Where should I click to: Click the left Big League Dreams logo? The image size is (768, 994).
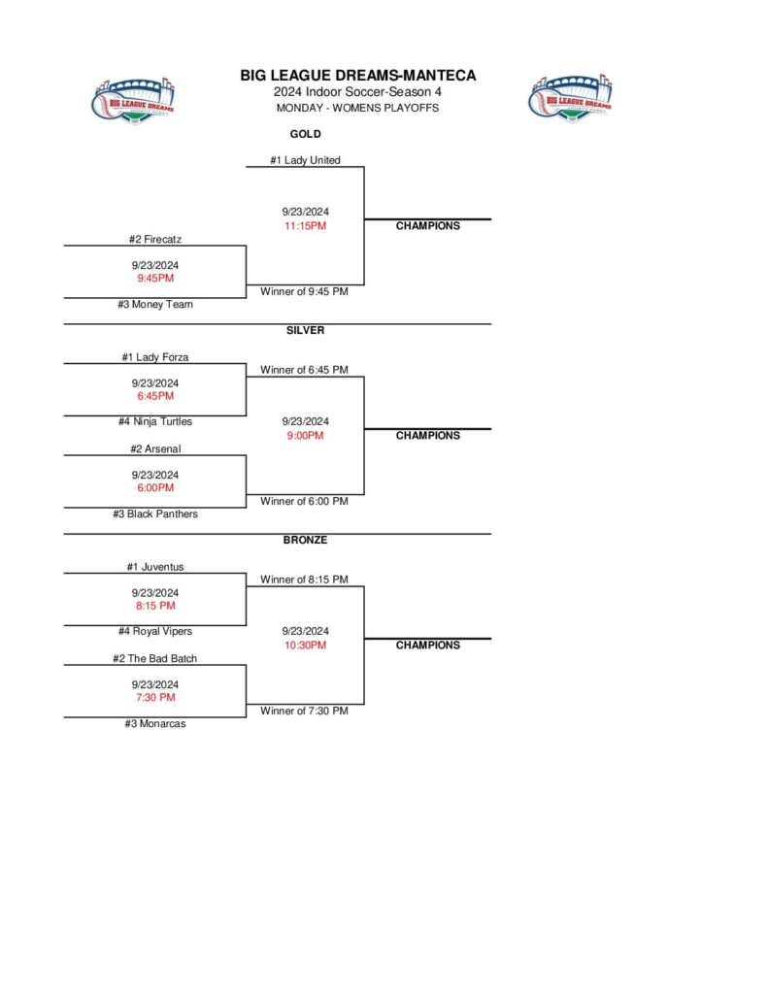tap(134, 100)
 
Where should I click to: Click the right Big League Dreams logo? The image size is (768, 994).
tap(571, 98)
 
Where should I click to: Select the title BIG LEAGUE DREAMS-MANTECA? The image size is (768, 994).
tap(357, 76)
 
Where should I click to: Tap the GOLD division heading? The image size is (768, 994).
tap(305, 134)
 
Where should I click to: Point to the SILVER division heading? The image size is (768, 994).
tap(305, 330)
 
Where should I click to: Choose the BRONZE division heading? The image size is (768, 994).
tap(305, 540)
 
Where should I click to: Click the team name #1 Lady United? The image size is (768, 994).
tap(305, 160)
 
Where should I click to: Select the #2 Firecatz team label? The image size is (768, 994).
tap(155, 239)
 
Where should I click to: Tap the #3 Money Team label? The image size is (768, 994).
tap(155, 305)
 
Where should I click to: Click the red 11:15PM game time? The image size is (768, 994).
tap(305, 226)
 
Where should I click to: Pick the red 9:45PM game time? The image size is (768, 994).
tap(155, 279)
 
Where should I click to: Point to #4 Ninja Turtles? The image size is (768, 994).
tap(155, 422)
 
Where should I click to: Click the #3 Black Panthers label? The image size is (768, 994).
tap(155, 514)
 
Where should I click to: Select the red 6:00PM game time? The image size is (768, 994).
tap(155, 488)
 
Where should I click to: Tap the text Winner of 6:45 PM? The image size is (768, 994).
tap(304, 370)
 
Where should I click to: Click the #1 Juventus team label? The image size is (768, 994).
tap(155, 567)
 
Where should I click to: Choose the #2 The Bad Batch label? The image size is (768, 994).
tap(155, 659)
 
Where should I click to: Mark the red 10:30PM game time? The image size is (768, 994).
tap(305, 646)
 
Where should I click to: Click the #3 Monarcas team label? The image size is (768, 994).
tap(155, 724)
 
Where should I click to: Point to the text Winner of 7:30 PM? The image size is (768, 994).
tap(304, 712)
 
